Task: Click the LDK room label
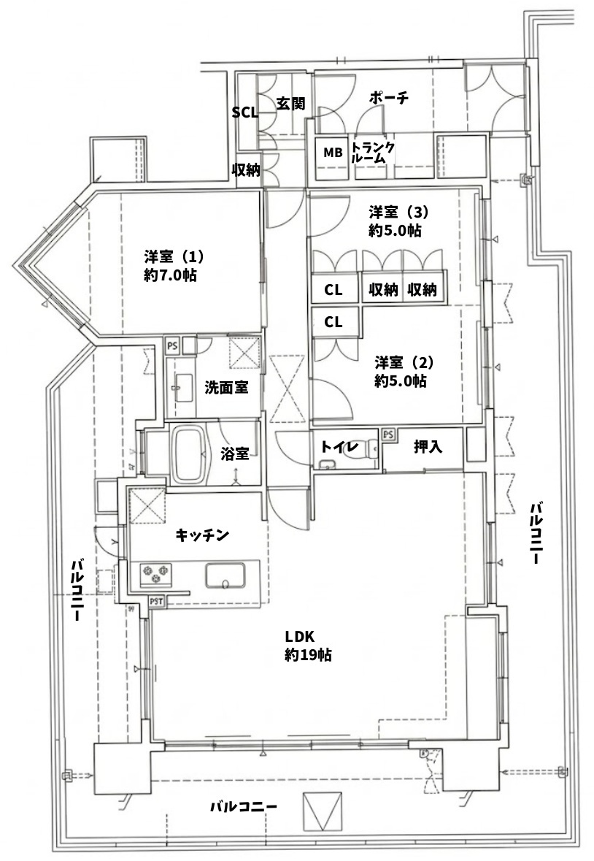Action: point(299,636)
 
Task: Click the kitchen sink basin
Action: point(225,575)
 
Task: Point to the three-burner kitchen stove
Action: point(155,575)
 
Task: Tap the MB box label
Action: point(332,153)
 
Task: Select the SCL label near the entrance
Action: point(244,112)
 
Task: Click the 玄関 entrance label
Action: point(290,103)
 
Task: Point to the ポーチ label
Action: point(389,99)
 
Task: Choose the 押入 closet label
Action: point(428,447)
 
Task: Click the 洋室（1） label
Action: point(174,256)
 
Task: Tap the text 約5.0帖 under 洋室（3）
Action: point(395,231)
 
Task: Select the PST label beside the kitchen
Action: point(156,602)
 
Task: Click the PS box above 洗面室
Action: point(173,346)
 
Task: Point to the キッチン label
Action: point(202,535)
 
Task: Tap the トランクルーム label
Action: point(373,152)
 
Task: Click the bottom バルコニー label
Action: point(244,807)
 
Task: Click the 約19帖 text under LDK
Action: point(308,655)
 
